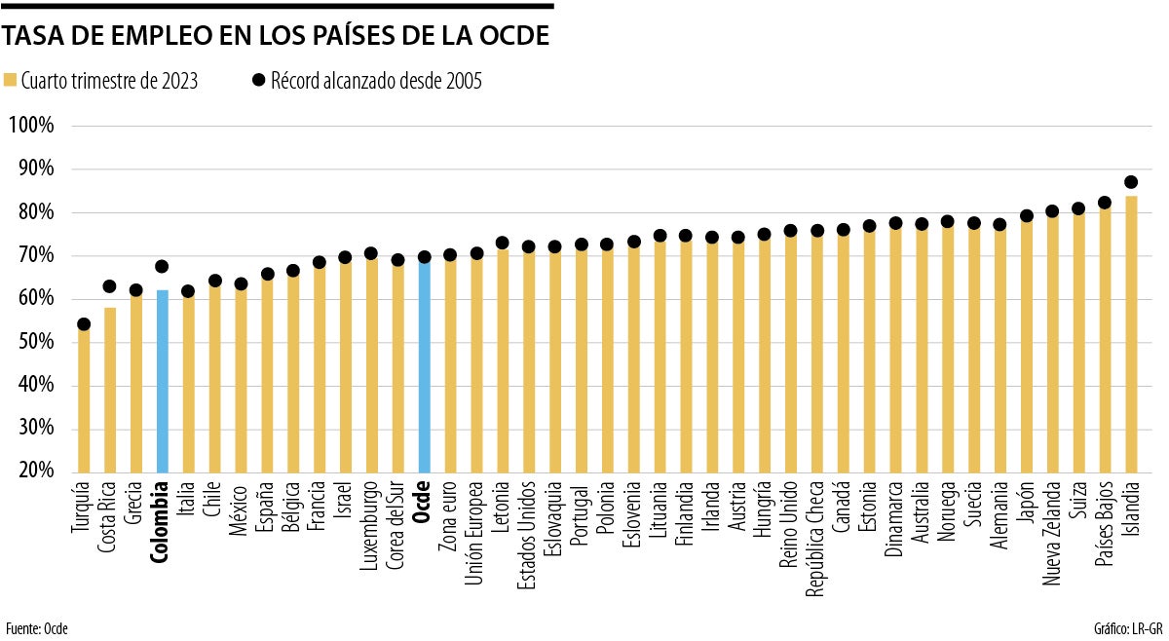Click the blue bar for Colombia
pyautogui.click(x=162, y=380)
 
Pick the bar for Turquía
pyautogui.click(x=84, y=399)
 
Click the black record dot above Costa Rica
pyautogui.click(x=110, y=287)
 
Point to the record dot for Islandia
pyautogui.click(x=1130, y=182)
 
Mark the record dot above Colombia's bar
pyautogui.click(x=162, y=266)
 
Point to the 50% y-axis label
pyautogui.click(x=33, y=343)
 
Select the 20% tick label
pyautogui.click(x=33, y=471)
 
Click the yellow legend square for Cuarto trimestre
pyautogui.click(x=11, y=81)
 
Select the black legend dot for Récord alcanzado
pyautogui.click(x=257, y=81)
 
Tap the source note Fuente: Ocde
pyautogui.click(x=37, y=628)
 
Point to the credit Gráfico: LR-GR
pyautogui.click(x=1129, y=628)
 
